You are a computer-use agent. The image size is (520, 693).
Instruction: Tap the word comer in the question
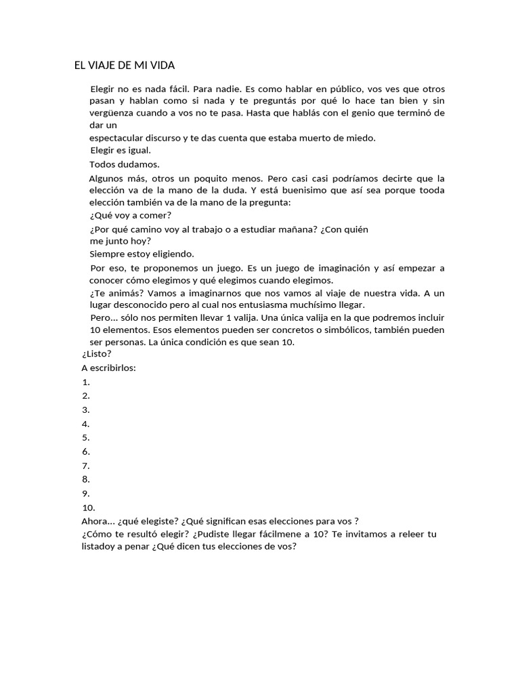tap(158, 216)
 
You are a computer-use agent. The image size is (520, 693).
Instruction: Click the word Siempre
tap(107, 254)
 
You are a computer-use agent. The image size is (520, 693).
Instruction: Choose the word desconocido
tap(143, 305)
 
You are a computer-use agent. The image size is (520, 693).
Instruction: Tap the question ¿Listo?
tap(96, 354)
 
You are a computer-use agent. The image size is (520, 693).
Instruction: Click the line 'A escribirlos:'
tap(108, 368)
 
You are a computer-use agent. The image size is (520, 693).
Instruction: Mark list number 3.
tap(85, 410)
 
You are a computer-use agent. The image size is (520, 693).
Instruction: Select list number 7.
tap(85, 466)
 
